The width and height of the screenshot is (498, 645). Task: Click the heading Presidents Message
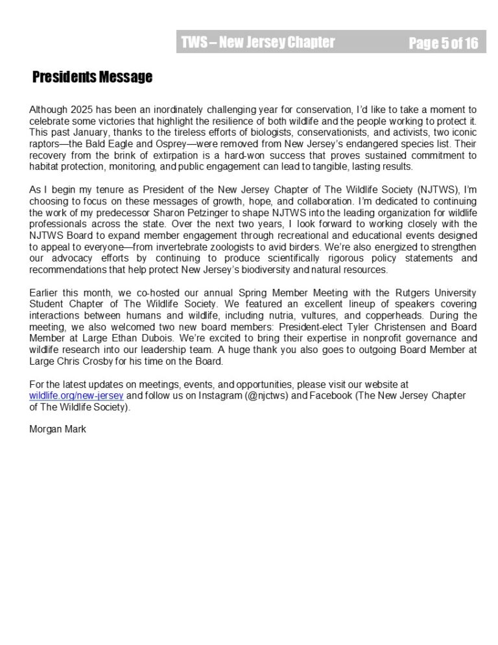92,77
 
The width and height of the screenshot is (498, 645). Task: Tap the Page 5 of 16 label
443,43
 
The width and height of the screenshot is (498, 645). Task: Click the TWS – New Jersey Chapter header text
258,43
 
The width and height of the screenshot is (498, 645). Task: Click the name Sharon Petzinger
193,212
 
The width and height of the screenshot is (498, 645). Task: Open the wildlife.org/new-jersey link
76,395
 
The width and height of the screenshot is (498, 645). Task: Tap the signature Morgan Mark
58,429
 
